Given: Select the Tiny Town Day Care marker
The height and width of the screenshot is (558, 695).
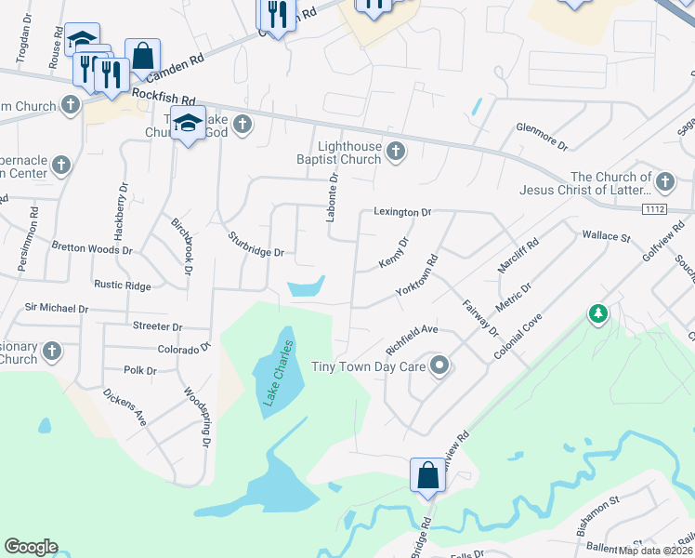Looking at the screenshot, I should (x=440, y=367).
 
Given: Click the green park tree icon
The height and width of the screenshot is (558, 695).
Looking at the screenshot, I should (x=597, y=315).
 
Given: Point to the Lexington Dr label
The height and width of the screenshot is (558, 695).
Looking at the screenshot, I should (x=402, y=212).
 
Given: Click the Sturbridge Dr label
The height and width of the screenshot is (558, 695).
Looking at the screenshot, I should (x=256, y=245).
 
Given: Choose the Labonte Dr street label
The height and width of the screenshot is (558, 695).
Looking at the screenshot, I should (x=332, y=198).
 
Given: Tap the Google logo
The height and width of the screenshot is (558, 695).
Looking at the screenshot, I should (x=31, y=547).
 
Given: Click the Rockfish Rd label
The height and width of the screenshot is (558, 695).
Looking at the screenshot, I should (x=164, y=97).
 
